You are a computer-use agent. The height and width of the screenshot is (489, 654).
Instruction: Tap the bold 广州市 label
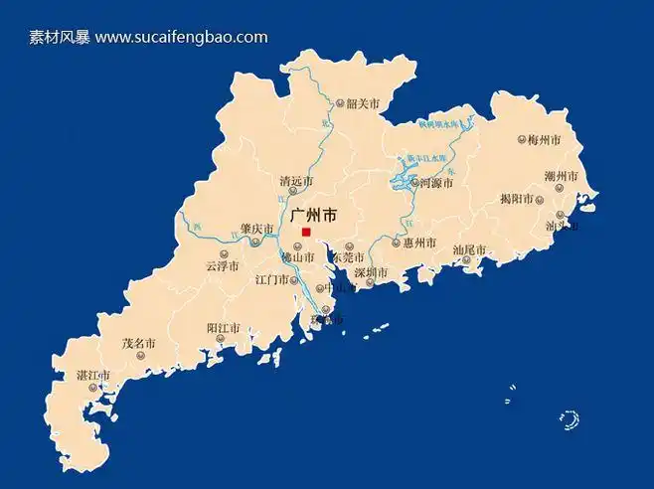[312, 215]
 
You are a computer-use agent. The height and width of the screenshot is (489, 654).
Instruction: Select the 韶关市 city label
[363, 102]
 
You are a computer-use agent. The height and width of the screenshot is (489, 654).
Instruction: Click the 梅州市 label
[546, 139]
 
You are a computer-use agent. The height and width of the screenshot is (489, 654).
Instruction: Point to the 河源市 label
[437, 183]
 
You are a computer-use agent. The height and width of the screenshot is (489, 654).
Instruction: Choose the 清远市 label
[296, 182]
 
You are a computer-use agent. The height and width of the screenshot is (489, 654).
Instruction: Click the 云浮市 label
[223, 265]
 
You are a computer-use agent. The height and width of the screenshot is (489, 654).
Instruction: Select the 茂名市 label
[139, 344]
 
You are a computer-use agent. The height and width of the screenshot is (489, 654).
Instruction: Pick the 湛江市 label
[93, 375]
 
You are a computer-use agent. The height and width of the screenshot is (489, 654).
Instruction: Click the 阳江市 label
[223, 328]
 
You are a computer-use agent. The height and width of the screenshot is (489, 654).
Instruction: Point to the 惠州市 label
[418, 243]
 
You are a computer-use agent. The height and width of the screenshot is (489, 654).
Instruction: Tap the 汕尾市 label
[469, 249]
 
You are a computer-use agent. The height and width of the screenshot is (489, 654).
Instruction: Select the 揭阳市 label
[517, 199]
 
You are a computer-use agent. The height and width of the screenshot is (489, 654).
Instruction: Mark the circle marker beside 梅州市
[522, 140]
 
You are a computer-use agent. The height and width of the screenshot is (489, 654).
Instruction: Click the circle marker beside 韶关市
[339, 102]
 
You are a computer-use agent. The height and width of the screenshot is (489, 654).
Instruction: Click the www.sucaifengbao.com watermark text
[182, 38]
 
